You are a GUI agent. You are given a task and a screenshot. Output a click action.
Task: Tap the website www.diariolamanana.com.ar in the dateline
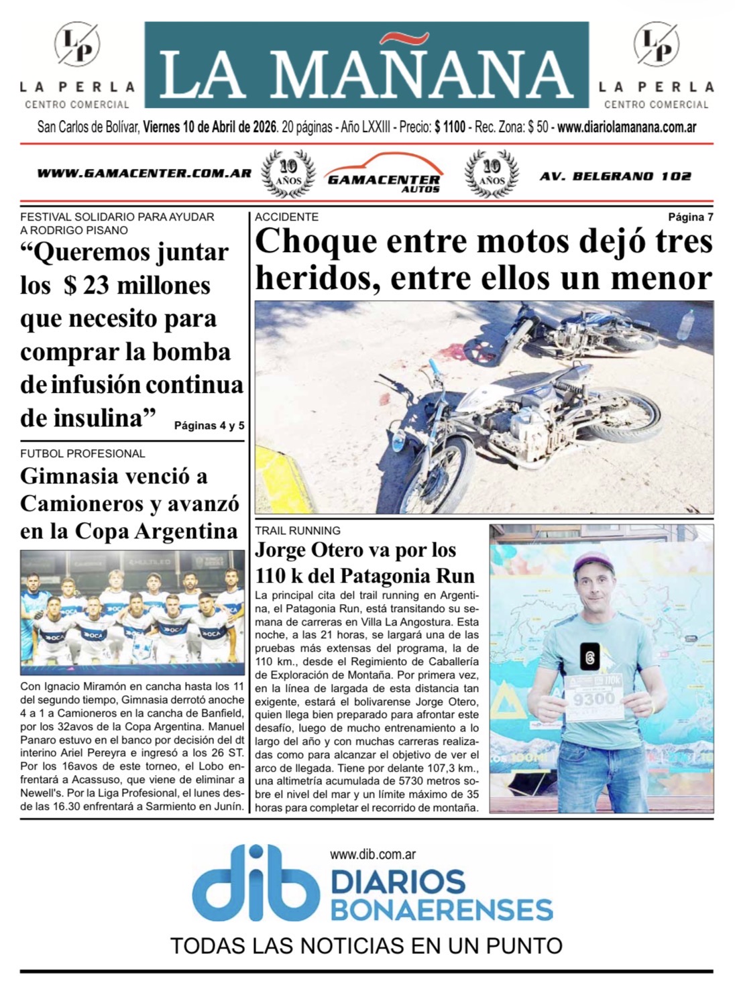(x=626, y=127)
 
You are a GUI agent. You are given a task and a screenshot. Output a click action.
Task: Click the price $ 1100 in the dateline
(x=449, y=127)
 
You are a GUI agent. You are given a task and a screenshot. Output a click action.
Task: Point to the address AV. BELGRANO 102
(x=615, y=176)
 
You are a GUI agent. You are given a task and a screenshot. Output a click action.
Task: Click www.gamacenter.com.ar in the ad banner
(x=144, y=174)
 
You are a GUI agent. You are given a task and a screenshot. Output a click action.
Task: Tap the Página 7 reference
(x=691, y=217)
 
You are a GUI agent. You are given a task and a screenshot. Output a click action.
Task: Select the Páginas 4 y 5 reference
(x=209, y=426)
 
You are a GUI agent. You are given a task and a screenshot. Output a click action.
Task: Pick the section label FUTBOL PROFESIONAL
(x=82, y=454)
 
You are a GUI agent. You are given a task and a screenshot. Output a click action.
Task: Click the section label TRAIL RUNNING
(x=297, y=530)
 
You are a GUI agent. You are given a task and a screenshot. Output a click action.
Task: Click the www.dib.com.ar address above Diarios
(x=374, y=855)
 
